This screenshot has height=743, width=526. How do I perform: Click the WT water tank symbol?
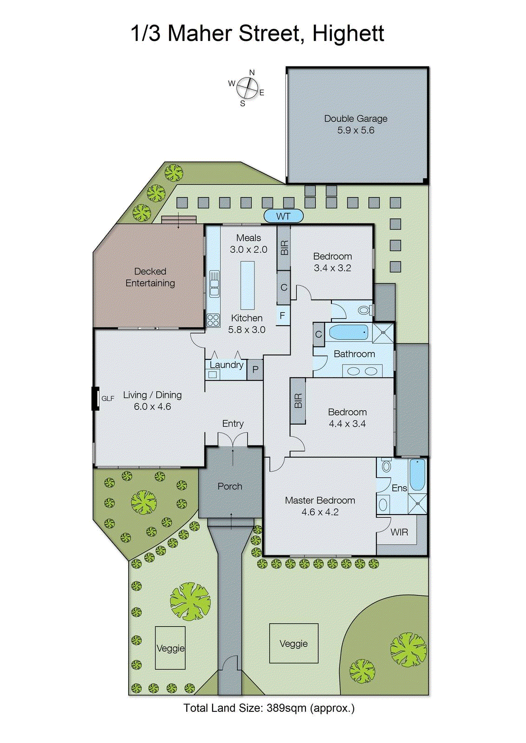click(x=283, y=216)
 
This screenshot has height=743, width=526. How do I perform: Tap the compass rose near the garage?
click(x=247, y=88)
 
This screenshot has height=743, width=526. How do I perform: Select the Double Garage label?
click(x=356, y=119)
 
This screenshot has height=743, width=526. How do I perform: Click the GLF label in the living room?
click(x=108, y=398)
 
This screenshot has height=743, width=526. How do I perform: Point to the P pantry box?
click(x=255, y=370)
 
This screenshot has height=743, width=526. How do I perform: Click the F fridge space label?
click(x=282, y=316)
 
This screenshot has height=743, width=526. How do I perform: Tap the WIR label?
click(x=399, y=532)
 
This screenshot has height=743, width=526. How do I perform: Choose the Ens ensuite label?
click(x=399, y=488)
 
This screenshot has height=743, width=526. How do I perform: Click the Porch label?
click(x=230, y=486)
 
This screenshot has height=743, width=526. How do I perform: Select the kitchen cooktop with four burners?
click(x=213, y=320)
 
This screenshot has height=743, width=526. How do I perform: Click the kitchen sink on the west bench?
click(x=214, y=284)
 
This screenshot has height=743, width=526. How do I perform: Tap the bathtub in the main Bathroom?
click(x=348, y=332)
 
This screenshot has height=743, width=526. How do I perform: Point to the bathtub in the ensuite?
click(x=417, y=475)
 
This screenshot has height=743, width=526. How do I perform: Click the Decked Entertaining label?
click(x=150, y=277)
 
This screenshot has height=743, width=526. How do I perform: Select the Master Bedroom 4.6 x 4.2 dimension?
click(x=320, y=512)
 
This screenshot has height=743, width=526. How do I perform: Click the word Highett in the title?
click(x=348, y=33)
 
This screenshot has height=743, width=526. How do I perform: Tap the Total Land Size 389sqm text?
click(x=269, y=708)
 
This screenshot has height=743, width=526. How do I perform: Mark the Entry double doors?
click(x=233, y=440)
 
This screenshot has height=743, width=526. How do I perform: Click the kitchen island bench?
click(x=247, y=285)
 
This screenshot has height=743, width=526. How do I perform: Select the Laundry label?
click(x=226, y=365)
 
